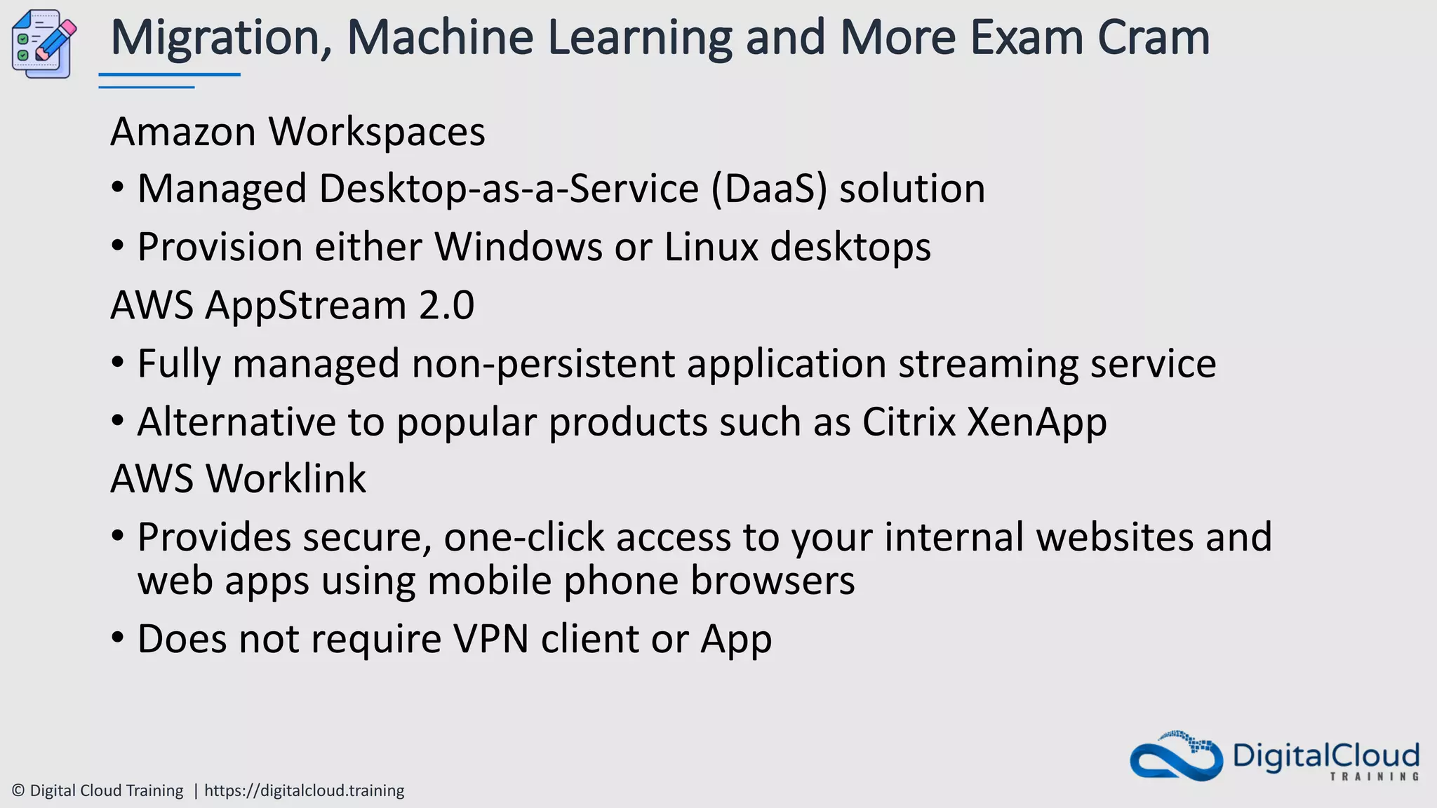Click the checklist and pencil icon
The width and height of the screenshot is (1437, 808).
44,43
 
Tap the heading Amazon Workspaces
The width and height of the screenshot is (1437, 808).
298,132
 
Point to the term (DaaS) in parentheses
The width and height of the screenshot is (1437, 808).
769,189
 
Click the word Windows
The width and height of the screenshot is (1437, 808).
519,248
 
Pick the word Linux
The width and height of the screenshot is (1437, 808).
711,248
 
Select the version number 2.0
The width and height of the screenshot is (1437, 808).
446,306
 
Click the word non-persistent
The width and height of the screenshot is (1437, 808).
544,364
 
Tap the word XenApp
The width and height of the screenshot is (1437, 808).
1036,422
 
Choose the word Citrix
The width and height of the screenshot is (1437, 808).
909,422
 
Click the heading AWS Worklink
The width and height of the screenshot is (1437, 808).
238,480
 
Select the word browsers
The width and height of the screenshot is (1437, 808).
773,581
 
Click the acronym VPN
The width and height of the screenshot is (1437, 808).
490,639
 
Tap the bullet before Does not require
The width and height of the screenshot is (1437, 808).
118,638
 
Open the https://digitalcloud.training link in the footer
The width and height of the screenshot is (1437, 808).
304,791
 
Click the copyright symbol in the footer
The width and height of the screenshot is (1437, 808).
19,791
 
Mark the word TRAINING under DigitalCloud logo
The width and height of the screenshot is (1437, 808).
1375,776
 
